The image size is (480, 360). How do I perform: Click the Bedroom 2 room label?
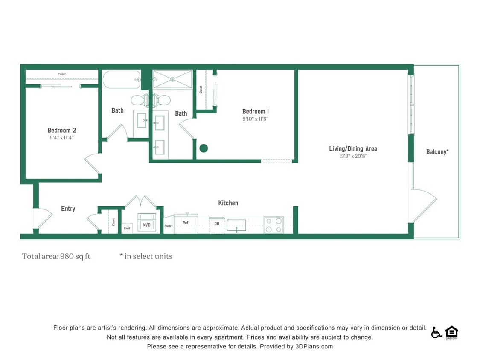(x=62, y=130)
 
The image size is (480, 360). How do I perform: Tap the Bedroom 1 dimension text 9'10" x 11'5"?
(x=255, y=119)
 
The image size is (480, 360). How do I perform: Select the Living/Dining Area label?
(x=353, y=148)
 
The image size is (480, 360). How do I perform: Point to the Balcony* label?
(x=437, y=151)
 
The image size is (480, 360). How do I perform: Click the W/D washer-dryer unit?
(x=146, y=223)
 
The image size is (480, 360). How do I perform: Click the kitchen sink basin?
(x=236, y=225)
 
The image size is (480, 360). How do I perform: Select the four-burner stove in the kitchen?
(x=273, y=225)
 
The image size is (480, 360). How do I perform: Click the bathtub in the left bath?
(x=122, y=80)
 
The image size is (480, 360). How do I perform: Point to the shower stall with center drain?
(x=173, y=79)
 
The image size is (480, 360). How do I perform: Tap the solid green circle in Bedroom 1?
(x=204, y=148)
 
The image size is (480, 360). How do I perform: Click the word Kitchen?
(x=228, y=203)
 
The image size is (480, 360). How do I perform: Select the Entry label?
(x=68, y=209)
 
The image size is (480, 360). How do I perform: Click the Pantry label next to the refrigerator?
(x=169, y=226)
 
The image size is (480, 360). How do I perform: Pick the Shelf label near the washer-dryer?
(x=127, y=228)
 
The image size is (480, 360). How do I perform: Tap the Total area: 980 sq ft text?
(x=56, y=256)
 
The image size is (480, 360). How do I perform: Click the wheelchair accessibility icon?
(x=436, y=332)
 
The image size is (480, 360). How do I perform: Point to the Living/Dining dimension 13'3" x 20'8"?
(x=353, y=156)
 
